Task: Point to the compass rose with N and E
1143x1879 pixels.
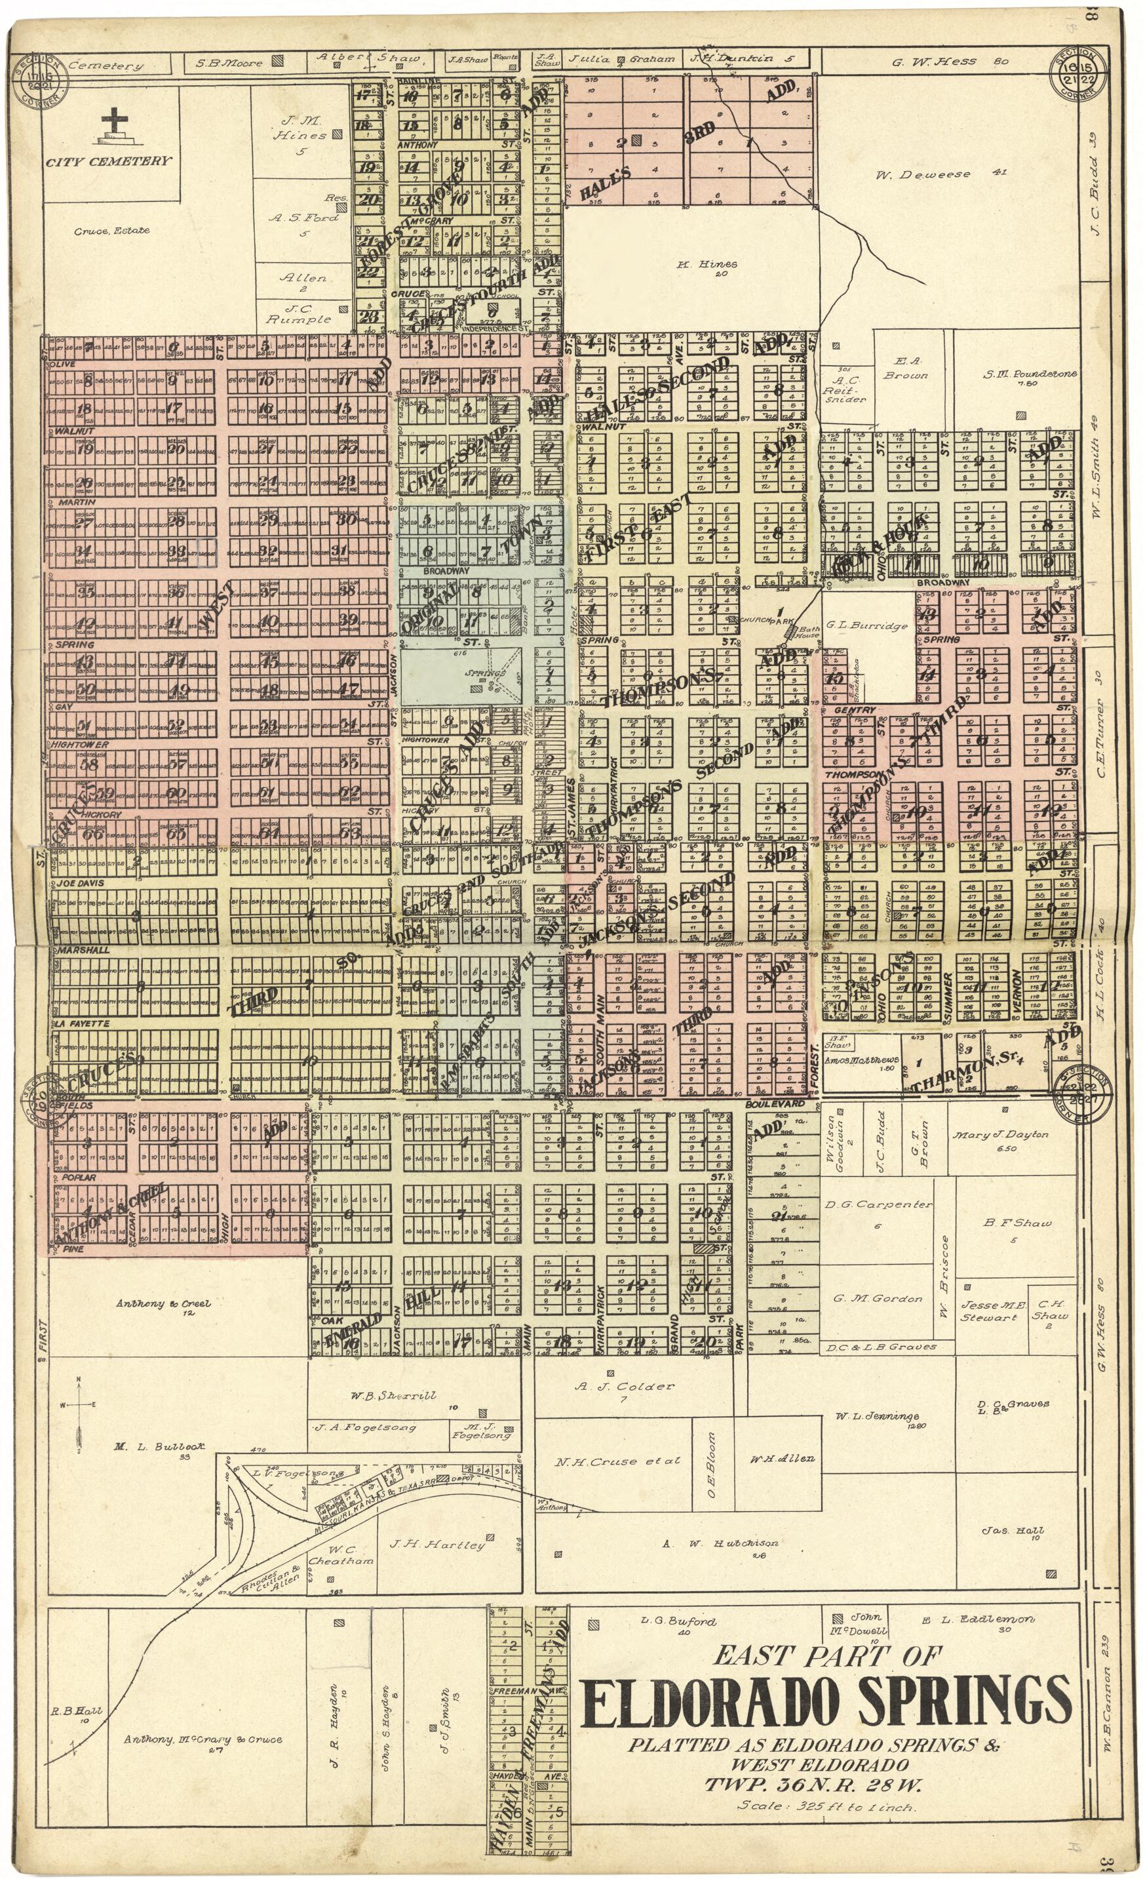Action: (x=79, y=1405)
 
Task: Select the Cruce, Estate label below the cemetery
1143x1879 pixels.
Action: (x=111, y=230)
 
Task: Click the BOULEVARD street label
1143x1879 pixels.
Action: (x=775, y=1103)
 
